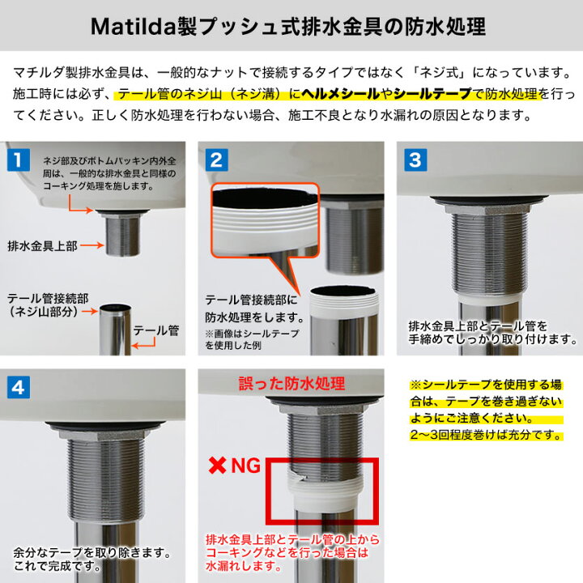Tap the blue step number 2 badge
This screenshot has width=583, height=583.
point(216,159)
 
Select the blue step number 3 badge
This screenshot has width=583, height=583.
point(415,159)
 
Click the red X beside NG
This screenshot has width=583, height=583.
point(217,466)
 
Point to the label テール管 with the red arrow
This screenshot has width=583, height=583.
point(156,330)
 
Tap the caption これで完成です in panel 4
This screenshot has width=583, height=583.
point(53,567)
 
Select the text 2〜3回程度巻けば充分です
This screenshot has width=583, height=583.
point(486,436)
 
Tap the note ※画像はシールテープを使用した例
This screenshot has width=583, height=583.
point(252,338)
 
